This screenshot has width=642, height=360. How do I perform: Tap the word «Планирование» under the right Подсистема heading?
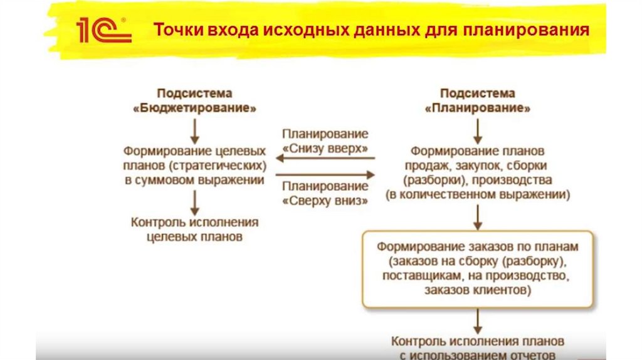click(x=478, y=108)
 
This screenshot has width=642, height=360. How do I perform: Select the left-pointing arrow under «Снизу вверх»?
click(x=325, y=159)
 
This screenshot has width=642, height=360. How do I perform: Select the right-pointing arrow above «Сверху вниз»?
click(x=325, y=174)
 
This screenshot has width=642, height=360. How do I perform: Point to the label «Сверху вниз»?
click(x=325, y=199)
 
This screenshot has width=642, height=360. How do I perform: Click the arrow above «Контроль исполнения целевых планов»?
click(x=194, y=202)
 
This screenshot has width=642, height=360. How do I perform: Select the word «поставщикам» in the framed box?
click(x=424, y=275)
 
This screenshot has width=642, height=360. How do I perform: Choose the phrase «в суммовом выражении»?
click(x=194, y=180)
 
